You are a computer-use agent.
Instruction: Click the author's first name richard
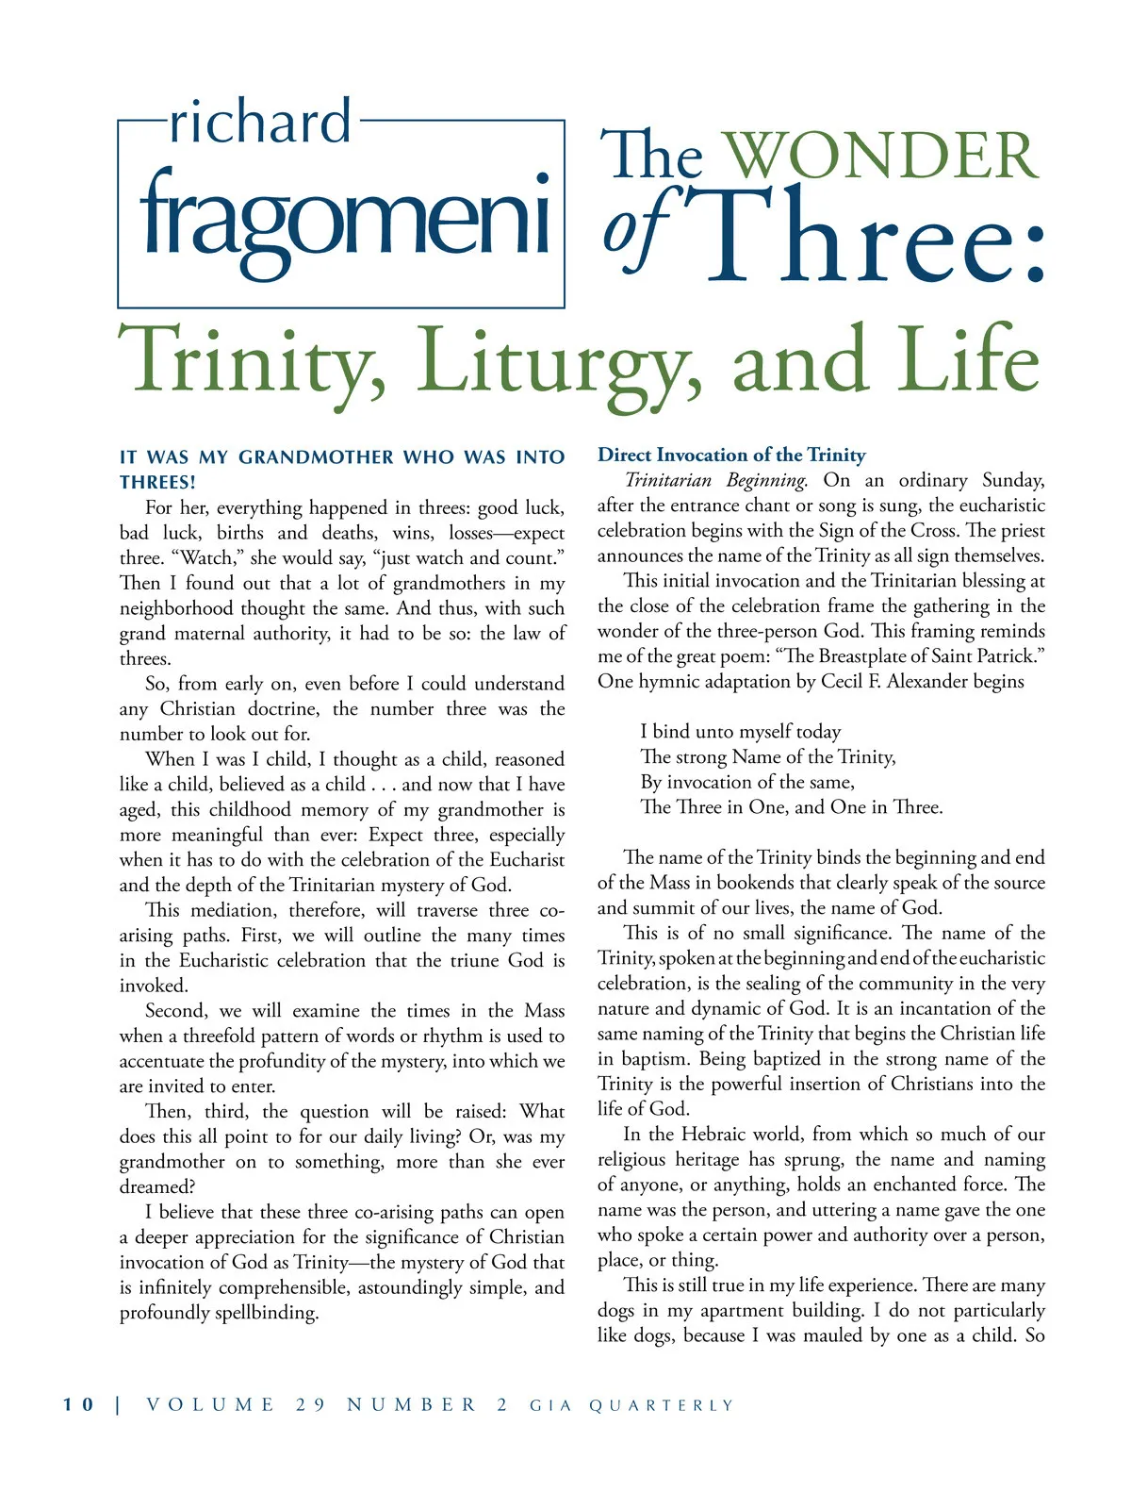(260, 122)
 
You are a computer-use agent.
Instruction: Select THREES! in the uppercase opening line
(157, 482)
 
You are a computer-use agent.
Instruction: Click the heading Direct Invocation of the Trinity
(731, 455)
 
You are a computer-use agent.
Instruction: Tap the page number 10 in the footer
(79, 1404)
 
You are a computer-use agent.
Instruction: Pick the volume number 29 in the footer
(311, 1404)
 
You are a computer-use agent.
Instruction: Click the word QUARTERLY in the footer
(661, 1405)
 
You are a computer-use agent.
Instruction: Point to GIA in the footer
(550, 1405)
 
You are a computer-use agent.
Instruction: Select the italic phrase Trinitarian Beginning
(716, 480)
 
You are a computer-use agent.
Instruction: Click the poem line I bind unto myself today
(740, 731)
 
